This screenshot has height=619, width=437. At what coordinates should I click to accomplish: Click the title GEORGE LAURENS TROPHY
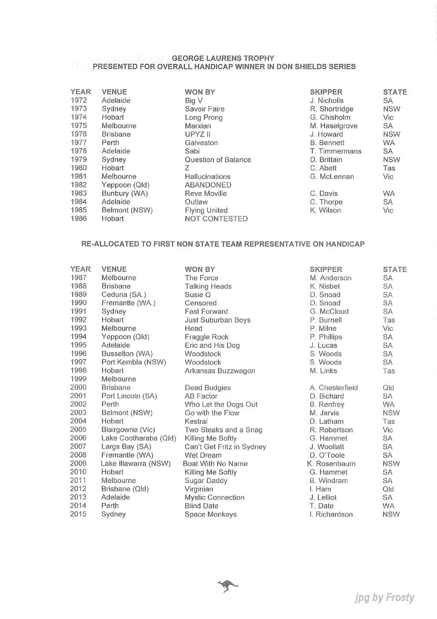click(223, 58)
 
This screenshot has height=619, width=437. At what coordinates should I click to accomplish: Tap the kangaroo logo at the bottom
click(228, 586)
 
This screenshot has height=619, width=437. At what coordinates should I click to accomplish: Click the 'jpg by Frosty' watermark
click(384, 598)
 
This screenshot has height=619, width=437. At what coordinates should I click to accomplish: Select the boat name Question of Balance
click(218, 160)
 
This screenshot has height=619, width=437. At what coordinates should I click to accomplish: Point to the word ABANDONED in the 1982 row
click(208, 185)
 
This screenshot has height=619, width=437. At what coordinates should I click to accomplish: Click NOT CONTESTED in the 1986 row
click(216, 219)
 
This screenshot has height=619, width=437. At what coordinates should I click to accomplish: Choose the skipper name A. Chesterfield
click(334, 388)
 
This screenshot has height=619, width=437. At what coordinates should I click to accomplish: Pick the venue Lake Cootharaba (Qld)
click(138, 438)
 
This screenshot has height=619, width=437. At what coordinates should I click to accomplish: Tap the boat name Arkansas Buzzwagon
click(220, 371)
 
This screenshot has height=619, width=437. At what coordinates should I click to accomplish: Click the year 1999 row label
click(79, 379)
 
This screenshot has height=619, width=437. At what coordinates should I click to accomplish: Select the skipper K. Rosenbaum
click(331, 464)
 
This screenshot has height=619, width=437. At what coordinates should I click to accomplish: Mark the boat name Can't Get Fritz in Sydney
click(225, 447)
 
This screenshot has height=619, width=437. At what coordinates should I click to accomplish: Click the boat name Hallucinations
click(207, 176)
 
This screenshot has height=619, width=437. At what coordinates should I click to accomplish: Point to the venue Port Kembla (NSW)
click(134, 362)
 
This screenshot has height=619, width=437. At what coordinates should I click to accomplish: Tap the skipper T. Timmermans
click(335, 151)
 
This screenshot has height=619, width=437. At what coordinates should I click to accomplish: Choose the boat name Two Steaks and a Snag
click(223, 430)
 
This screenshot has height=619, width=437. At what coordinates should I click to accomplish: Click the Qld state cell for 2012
click(388, 489)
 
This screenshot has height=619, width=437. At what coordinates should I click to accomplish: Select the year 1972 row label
click(79, 100)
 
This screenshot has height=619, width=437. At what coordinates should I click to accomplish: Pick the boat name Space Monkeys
click(210, 514)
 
